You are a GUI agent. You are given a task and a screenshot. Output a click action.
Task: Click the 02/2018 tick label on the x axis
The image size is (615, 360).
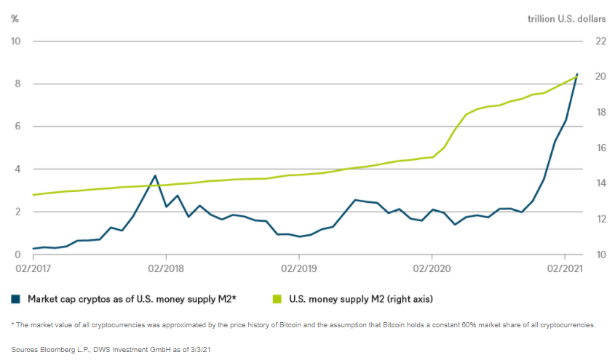coord(166,269)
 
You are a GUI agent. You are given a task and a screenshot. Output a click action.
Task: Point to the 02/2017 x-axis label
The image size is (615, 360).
coord(33,269)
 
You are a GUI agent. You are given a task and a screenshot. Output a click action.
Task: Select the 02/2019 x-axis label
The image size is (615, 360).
coord(299,269)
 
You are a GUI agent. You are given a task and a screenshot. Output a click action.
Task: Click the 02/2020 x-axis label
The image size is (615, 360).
coord(432,269)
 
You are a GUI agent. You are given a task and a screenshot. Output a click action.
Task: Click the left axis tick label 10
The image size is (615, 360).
coord(15,41)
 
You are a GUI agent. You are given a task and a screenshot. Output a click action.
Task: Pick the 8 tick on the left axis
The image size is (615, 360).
coord(17,84)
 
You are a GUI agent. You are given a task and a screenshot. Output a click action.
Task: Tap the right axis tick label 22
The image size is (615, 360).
coord(601,41)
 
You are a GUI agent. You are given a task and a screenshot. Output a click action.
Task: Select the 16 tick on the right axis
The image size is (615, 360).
coord(601,148)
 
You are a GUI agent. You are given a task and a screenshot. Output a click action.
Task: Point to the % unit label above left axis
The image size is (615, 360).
coord(15,18)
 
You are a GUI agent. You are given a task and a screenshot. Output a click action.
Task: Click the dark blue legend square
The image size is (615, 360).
coord(15,298)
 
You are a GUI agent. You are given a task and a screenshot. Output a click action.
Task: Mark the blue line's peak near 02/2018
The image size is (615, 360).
coord(155,175)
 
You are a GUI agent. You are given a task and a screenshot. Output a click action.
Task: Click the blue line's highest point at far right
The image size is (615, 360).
coord(577,73)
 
